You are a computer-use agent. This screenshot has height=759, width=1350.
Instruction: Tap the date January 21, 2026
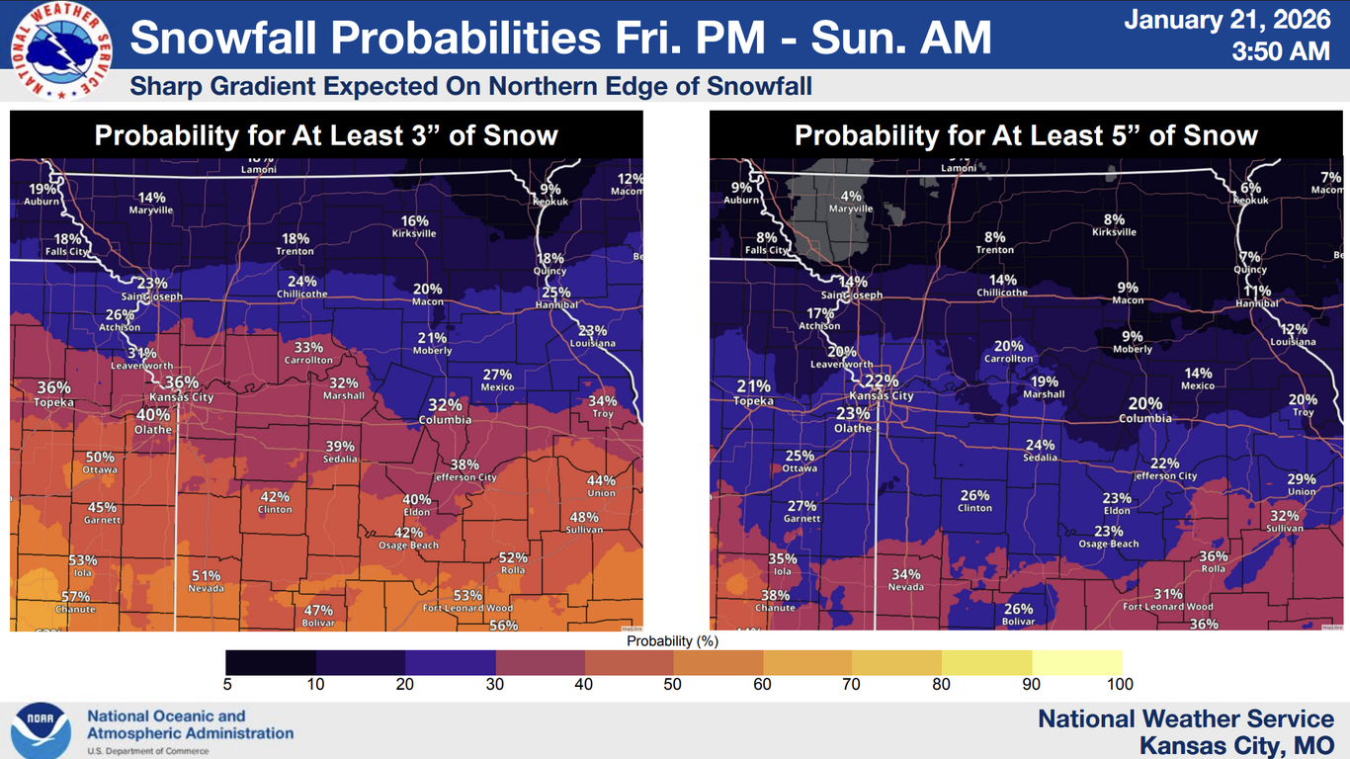click(1226, 20)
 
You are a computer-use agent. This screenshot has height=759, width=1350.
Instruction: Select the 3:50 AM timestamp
click(1280, 51)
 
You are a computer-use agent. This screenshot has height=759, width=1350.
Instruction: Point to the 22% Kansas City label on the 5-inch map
click(881, 386)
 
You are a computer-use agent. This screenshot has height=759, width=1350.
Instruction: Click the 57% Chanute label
click(75, 602)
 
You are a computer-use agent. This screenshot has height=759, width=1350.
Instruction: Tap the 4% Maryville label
click(851, 202)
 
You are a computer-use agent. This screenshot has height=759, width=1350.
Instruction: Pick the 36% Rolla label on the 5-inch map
click(1213, 561)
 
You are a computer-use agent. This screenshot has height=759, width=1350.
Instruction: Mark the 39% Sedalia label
click(340, 452)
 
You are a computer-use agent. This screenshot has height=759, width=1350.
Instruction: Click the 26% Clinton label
click(974, 501)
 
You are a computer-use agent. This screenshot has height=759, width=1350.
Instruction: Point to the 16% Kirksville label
click(414, 226)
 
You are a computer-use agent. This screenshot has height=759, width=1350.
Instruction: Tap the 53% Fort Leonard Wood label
click(467, 601)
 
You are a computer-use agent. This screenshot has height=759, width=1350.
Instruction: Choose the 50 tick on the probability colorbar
click(674, 684)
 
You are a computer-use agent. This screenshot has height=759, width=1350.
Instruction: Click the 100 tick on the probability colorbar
click(1121, 684)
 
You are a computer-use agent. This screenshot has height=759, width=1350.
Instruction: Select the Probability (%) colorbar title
click(672, 640)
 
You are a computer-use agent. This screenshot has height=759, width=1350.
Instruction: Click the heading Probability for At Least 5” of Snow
click(1026, 135)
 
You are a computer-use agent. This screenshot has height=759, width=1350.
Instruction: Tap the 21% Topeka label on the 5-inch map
click(753, 392)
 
